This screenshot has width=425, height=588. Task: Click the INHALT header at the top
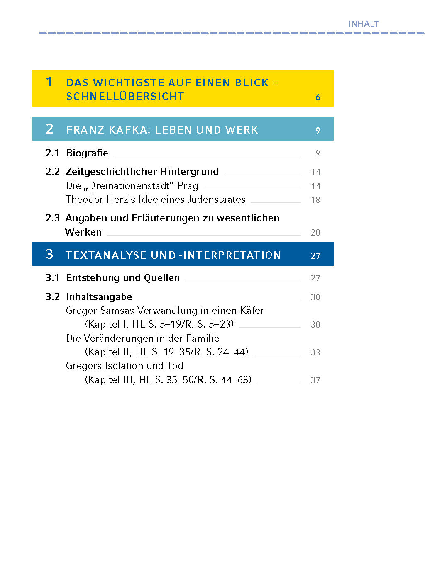(x=363, y=24)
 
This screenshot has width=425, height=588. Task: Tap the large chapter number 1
(x=49, y=82)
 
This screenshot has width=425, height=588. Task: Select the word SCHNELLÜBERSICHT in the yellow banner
(x=125, y=96)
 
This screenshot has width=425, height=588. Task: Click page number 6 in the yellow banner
(x=318, y=97)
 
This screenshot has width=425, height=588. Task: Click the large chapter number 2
(x=49, y=129)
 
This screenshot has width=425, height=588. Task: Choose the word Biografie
(x=87, y=153)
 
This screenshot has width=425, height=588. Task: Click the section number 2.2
(x=52, y=172)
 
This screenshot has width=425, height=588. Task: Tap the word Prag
(x=188, y=186)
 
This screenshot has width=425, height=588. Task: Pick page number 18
(x=315, y=200)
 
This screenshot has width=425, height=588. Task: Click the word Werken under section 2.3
(x=83, y=232)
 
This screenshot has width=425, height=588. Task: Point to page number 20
(x=315, y=233)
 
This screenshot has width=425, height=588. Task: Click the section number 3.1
(x=52, y=278)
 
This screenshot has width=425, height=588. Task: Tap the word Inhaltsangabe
(x=99, y=297)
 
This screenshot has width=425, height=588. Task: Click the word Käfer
(x=252, y=311)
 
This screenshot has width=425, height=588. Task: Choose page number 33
(x=315, y=352)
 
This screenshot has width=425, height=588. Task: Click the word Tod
(x=175, y=366)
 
